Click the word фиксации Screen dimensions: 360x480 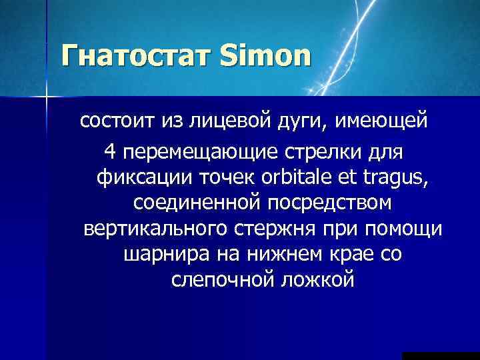[141, 178]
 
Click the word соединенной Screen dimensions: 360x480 [192, 203]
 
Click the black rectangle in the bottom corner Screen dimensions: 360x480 [441, 355]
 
